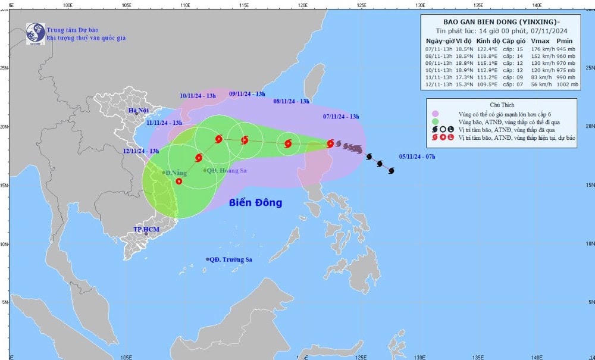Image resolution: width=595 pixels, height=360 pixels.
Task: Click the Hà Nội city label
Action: (x=139, y=111)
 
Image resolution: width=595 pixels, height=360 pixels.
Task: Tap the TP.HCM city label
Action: (x=145, y=228)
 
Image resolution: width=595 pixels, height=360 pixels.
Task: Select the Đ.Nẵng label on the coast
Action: (x=176, y=173)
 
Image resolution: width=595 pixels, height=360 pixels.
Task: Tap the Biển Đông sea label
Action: (x=255, y=203)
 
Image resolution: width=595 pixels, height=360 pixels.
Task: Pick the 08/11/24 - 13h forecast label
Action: (x=291, y=101)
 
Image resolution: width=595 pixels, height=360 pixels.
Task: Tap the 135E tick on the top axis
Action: (x=478, y=5)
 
